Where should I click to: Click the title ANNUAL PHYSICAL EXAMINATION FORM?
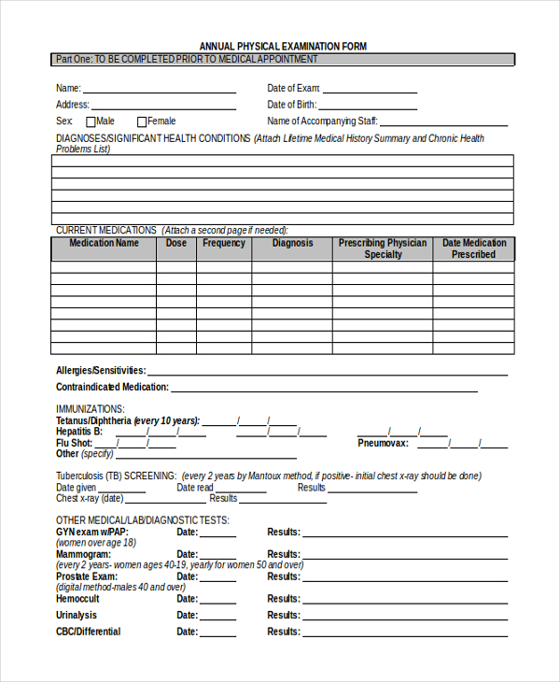pos(283,46)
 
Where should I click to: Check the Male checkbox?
pos(91,121)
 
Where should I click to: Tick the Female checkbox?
pos(142,121)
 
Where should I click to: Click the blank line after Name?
pos(160,90)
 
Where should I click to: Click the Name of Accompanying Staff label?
pos(322,121)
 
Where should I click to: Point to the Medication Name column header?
pos(104,243)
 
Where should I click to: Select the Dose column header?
pos(176,243)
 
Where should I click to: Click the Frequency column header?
pos(224,243)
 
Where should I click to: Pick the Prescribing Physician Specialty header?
pos(383,249)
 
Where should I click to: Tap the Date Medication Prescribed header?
pos(473,249)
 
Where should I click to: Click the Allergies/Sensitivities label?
pos(101,370)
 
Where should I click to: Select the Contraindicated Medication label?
pos(112,387)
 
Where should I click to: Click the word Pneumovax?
pos(382,443)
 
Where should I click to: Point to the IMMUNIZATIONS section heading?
pos(90,409)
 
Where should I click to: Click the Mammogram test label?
pos(84,554)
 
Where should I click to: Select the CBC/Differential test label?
pos(88,632)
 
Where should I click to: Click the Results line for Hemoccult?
pos(405,600)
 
